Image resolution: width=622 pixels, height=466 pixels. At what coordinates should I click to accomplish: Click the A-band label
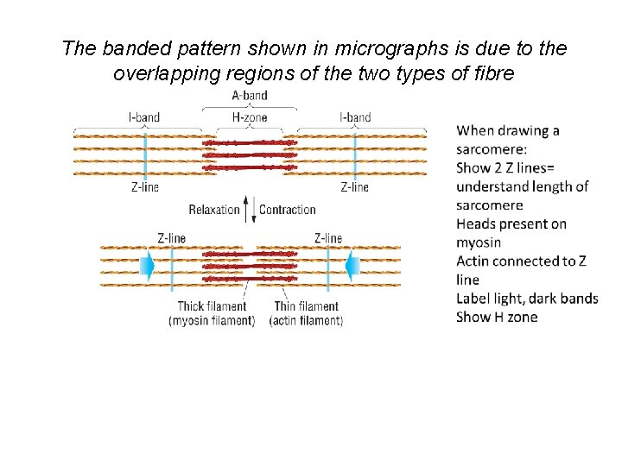[250, 96]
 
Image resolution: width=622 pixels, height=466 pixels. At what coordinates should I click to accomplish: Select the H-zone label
[250, 117]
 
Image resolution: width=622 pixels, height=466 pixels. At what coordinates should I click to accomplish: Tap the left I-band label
[144, 117]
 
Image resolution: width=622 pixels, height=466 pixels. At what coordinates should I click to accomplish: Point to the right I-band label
[355, 117]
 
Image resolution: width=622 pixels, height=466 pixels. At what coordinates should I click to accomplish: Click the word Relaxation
[213, 210]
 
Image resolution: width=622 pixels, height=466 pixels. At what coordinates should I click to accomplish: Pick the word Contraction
[288, 210]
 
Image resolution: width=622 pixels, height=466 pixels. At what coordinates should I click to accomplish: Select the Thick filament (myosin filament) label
[212, 313]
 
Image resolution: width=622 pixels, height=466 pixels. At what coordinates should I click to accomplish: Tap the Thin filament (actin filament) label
[307, 313]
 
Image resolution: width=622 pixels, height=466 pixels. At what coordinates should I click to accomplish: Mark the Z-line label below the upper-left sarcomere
[144, 187]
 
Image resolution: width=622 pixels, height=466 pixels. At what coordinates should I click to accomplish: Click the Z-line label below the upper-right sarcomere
[355, 187]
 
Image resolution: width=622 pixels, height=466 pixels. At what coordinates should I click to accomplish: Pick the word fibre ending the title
[494, 74]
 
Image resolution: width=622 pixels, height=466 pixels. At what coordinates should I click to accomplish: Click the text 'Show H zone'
[497, 317]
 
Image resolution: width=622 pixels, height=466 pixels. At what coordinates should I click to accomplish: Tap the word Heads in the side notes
[477, 224]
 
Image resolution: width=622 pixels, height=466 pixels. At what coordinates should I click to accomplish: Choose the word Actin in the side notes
[474, 261]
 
